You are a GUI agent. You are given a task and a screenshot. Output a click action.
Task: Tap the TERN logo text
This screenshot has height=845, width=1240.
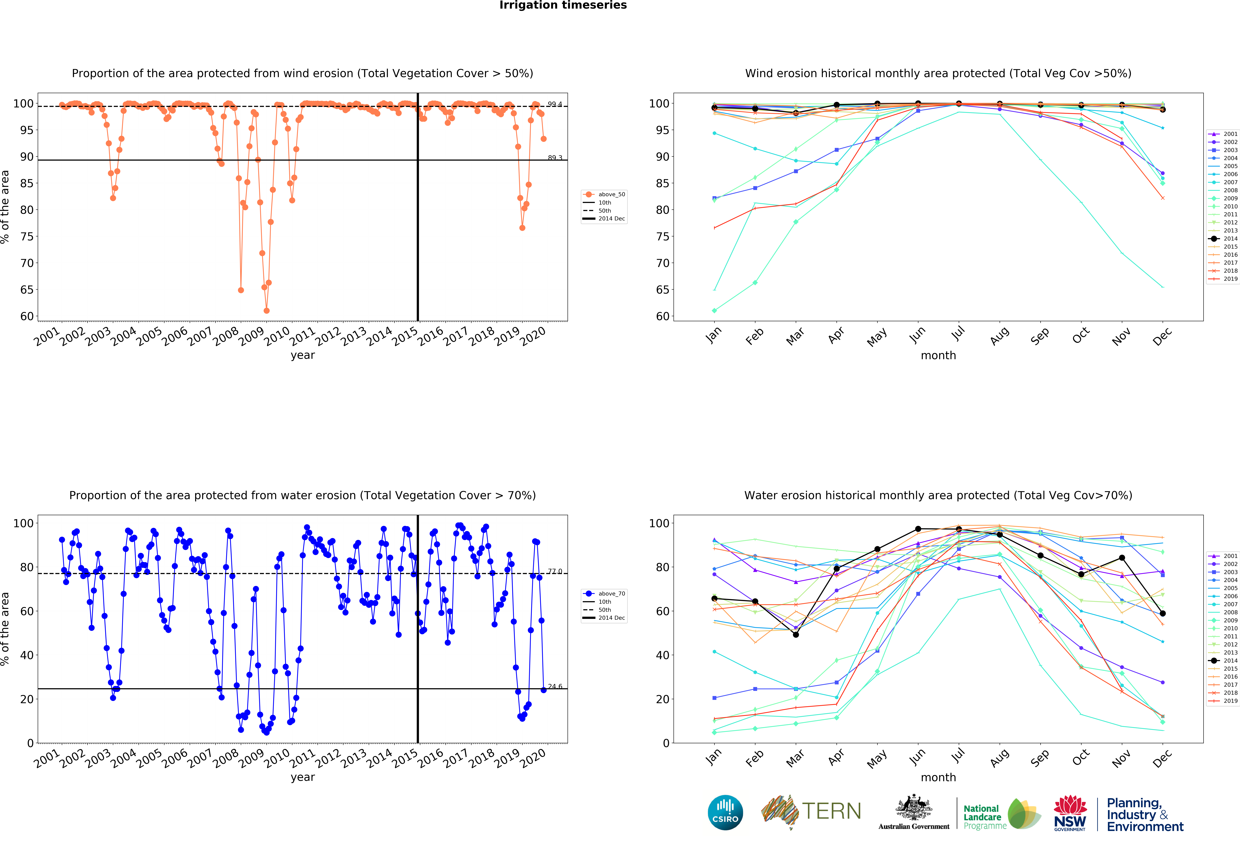click(x=831, y=811)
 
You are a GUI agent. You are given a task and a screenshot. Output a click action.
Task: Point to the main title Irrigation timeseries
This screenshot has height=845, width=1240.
click(x=563, y=5)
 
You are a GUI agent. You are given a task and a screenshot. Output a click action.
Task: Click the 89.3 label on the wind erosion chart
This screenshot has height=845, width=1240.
click(x=555, y=158)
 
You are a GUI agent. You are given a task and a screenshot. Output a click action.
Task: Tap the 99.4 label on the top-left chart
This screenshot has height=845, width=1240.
click(x=555, y=104)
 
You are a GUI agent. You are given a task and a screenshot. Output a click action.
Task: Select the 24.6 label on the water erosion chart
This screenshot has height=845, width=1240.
click(x=555, y=687)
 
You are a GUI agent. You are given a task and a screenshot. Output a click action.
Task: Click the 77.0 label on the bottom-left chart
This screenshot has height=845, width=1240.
click(x=555, y=571)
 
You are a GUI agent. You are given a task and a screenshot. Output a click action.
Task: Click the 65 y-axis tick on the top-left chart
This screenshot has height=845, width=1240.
click(x=27, y=290)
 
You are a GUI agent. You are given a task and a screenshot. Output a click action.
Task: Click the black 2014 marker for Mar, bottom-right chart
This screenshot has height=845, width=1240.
click(x=795, y=634)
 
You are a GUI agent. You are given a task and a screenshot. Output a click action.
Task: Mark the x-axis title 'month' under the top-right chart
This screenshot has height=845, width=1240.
click(x=938, y=355)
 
